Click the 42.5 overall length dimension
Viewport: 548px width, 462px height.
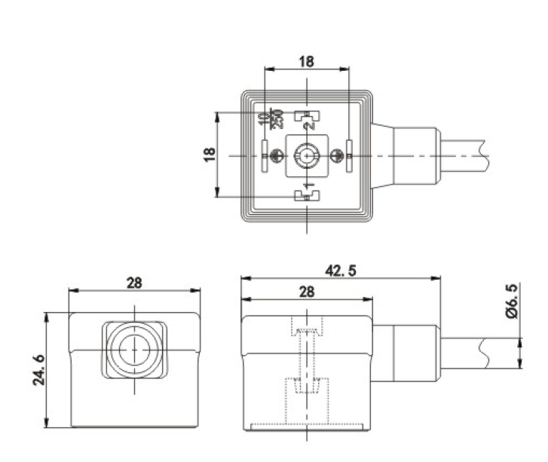pyautogui.click(x=341, y=271)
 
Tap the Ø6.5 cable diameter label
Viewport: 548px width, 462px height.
pyautogui.click(x=512, y=301)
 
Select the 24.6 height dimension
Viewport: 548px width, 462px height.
pyautogui.click(x=38, y=370)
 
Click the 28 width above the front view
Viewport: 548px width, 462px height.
pyautogui.click(x=134, y=283)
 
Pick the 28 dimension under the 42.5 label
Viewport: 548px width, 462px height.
pyautogui.click(x=307, y=292)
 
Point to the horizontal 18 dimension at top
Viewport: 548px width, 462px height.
pyautogui.click(x=307, y=62)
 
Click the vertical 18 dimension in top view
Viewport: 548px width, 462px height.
pyautogui.click(x=209, y=155)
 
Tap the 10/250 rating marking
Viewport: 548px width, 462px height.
pyautogui.click(x=270, y=119)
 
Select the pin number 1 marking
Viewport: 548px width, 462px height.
pyautogui.click(x=308, y=185)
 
